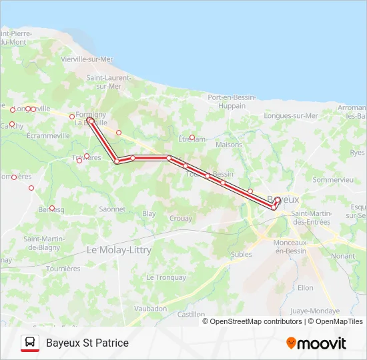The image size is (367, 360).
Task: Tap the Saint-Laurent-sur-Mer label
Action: pyautogui.click(x=107, y=82)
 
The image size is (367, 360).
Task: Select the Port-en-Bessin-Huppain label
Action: pyautogui.click(x=232, y=101)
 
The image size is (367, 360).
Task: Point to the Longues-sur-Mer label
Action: pyautogui.click(x=291, y=115)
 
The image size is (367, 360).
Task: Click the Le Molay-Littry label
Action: pyautogui.click(x=119, y=250)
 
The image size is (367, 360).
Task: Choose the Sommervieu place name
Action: pyautogui.click(x=333, y=180)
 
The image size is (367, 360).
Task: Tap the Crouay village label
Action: pyautogui.click(x=181, y=218)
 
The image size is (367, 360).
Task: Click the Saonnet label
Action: pyautogui.click(x=112, y=209)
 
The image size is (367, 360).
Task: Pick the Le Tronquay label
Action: pyautogui.click(x=166, y=277)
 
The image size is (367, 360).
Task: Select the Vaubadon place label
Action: pyautogui.click(x=150, y=309)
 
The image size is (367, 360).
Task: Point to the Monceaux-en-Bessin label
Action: pyautogui.click(x=291, y=247)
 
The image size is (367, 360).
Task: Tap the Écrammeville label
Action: pyautogui.click(x=49, y=135)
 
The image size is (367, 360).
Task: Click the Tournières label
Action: pyautogui.click(x=63, y=269)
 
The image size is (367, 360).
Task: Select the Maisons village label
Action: pyautogui.click(x=229, y=144)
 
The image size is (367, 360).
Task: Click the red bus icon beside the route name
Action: pyautogui.click(x=30, y=343)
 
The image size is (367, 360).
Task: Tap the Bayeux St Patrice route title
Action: pyautogui.click(x=87, y=343)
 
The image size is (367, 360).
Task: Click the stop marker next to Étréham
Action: pyautogui.click(x=192, y=137)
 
